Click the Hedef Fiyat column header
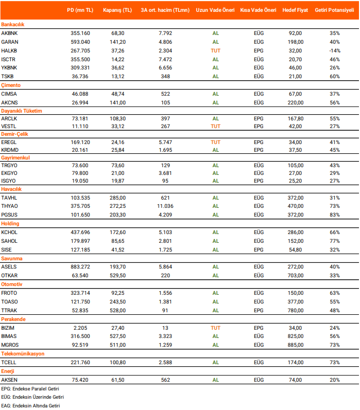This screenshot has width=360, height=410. point(295,10)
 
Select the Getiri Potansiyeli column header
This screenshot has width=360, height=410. point(335,10)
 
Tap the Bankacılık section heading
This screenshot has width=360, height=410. point(13,24)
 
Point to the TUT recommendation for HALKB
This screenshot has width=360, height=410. point(216,50)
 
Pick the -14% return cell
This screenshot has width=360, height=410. point(335,50)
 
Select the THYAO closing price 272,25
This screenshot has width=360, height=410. point(118,206)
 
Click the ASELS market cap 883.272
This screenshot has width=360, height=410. point(80,267)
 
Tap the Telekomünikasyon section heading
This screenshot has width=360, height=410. point(23,354)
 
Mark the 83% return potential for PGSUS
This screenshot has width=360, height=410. point(335,215)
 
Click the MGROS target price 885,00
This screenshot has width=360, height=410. point(295,345)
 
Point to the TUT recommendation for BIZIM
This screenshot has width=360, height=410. point(216,327)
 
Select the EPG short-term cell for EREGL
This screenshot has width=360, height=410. point(259,142)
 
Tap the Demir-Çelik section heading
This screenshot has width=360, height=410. point(16,133)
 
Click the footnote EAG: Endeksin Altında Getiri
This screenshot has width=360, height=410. point(30,406)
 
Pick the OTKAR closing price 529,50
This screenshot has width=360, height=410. point(118,276)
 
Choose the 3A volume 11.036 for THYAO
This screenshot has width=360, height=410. point(165,206)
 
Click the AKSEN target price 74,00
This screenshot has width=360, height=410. point(295,380)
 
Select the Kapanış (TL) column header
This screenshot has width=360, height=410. point(118,10)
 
